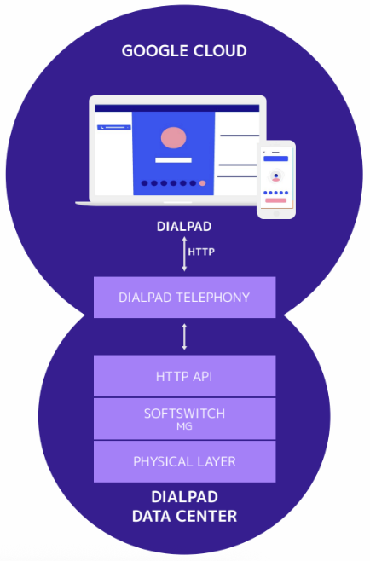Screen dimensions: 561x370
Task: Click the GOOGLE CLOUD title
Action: click(x=184, y=51)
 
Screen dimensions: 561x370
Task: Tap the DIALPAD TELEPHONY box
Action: click(x=184, y=298)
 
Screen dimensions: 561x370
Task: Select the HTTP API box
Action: click(x=184, y=375)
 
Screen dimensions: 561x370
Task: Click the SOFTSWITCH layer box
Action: click(x=184, y=418)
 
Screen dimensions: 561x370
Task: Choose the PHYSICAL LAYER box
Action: click(x=184, y=461)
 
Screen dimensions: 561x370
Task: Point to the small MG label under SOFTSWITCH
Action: click(x=184, y=425)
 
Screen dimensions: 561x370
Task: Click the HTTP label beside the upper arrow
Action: click(x=201, y=252)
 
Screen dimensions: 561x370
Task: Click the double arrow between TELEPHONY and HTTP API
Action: click(x=184, y=336)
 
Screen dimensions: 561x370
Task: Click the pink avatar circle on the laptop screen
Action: click(x=173, y=136)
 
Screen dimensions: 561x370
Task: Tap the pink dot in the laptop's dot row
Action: click(x=202, y=183)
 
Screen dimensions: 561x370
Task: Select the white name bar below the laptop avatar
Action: click(x=173, y=159)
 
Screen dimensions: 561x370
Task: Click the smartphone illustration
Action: click(x=276, y=179)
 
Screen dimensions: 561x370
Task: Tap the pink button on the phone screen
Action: click(x=275, y=201)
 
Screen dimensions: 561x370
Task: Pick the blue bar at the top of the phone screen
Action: click(x=275, y=159)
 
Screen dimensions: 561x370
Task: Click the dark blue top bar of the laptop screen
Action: click(x=177, y=108)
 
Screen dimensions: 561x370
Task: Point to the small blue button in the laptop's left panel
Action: click(x=114, y=127)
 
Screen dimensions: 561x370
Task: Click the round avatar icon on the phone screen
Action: click(x=275, y=176)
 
